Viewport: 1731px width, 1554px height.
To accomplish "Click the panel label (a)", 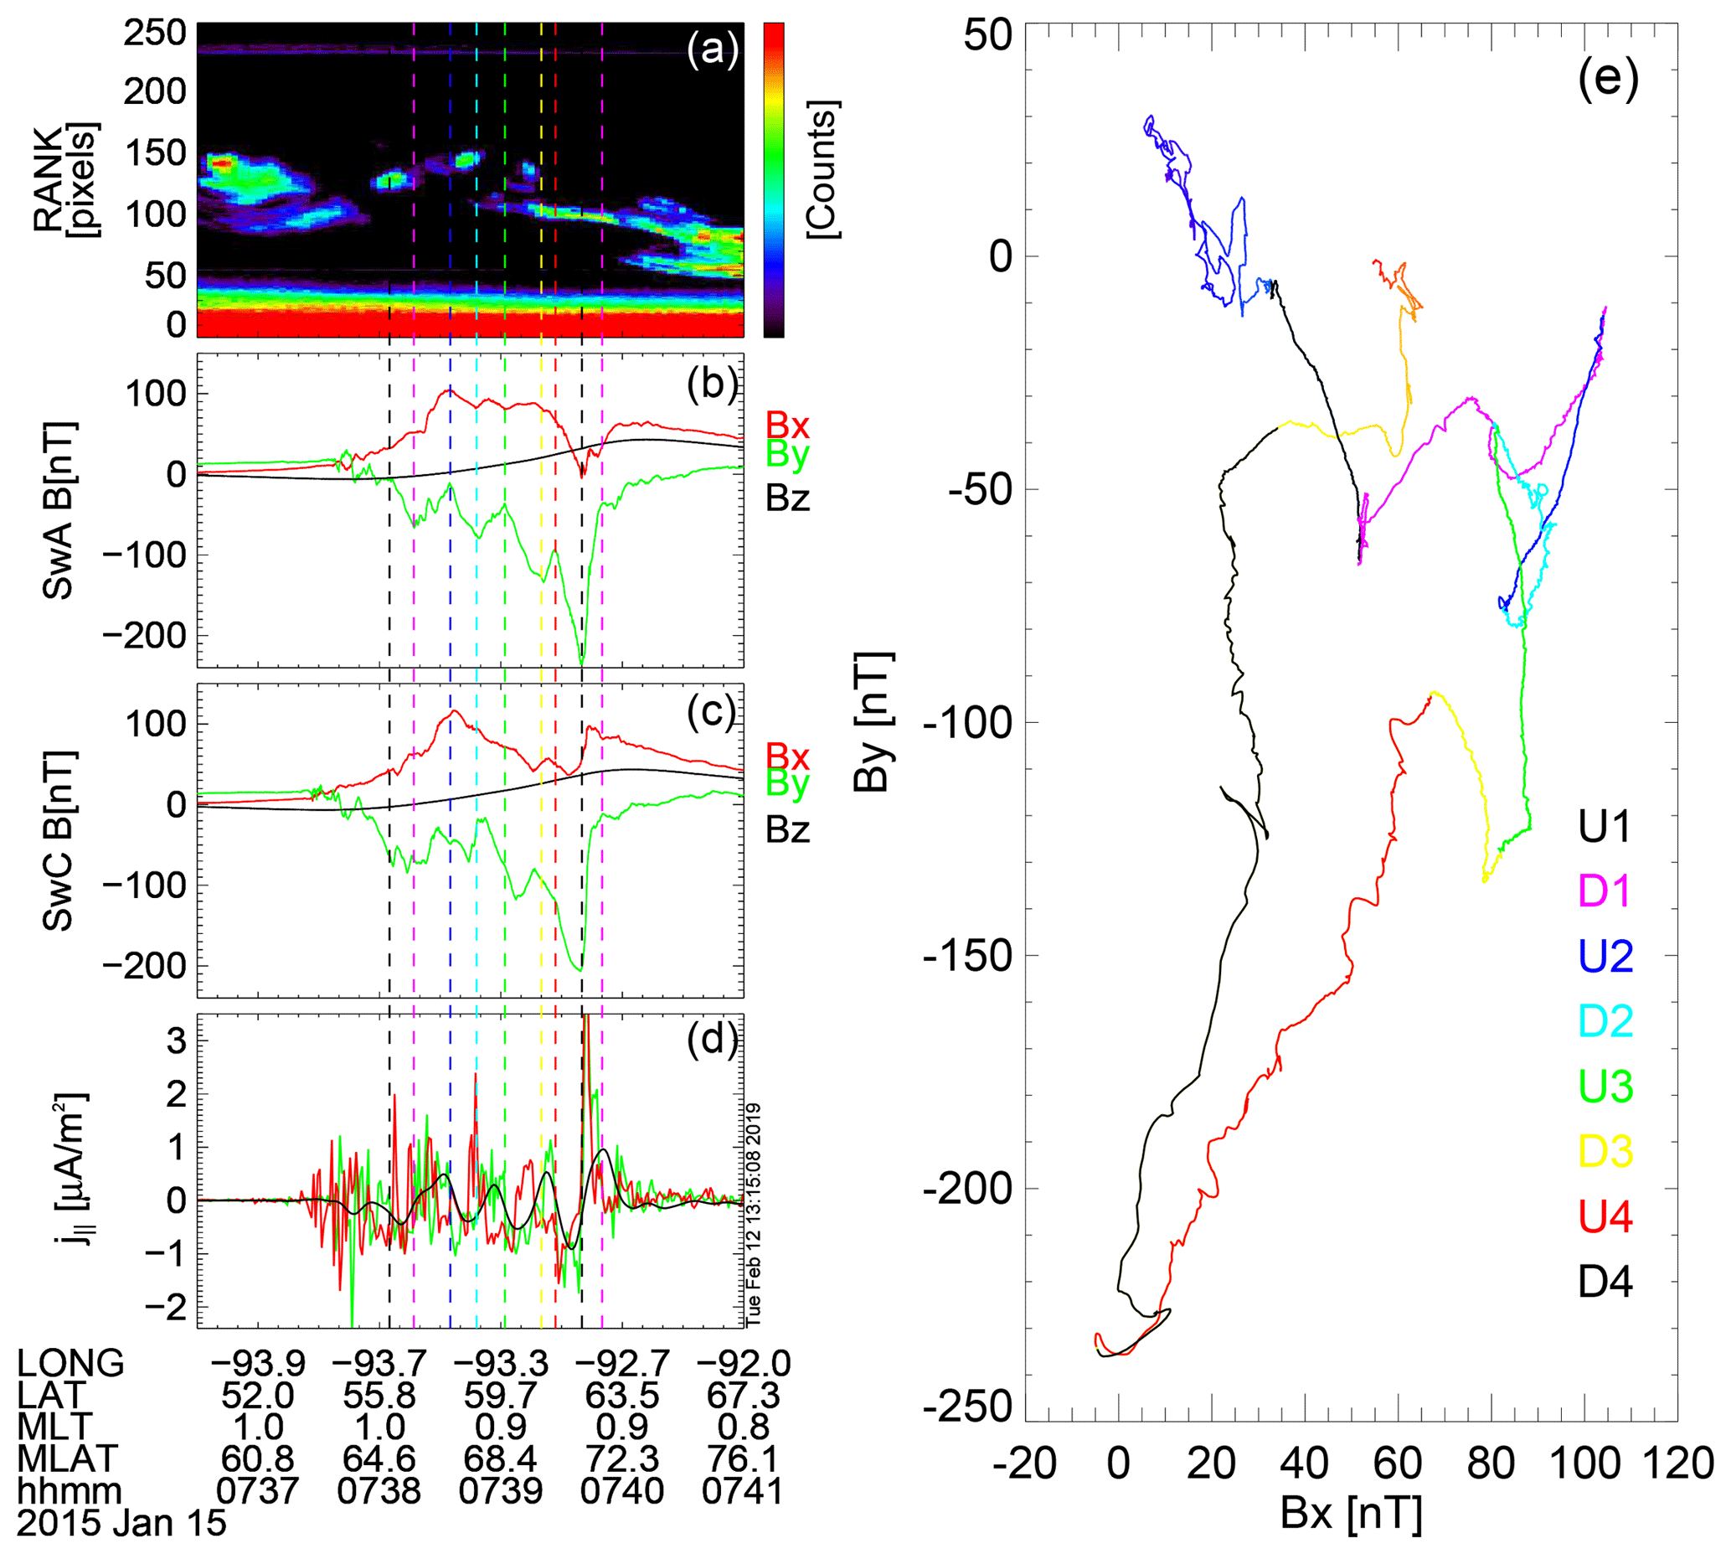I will (x=712, y=51).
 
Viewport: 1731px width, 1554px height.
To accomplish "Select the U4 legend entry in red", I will (x=1605, y=1216).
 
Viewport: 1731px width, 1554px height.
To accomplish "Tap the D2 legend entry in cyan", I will (x=1605, y=1022).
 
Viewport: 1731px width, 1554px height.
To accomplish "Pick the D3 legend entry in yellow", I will (x=1605, y=1152).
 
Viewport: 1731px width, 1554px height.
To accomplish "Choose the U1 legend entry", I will (x=1605, y=828).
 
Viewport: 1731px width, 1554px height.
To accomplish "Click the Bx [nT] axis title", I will (x=1351, y=1514).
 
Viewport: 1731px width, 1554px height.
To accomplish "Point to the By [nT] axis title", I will (x=873, y=721).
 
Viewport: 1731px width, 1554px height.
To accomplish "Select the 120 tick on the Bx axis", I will (x=1677, y=1464).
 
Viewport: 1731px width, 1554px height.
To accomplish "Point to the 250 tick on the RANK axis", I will (x=154, y=34).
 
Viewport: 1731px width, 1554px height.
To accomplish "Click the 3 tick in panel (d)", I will (x=176, y=1040).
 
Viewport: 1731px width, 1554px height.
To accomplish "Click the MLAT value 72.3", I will (x=622, y=1458).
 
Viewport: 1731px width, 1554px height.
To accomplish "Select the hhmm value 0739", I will (x=500, y=1491).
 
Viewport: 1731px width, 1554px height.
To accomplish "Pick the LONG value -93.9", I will (x=258, y=1364).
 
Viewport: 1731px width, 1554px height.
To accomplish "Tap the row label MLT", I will (x=54, y=1427).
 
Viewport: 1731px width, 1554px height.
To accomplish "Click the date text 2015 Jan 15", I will (x=121, y=1523).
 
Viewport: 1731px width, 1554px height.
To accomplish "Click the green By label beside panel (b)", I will (x=787, y=454).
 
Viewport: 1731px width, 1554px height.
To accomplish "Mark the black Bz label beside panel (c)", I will (x=787, y=830).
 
